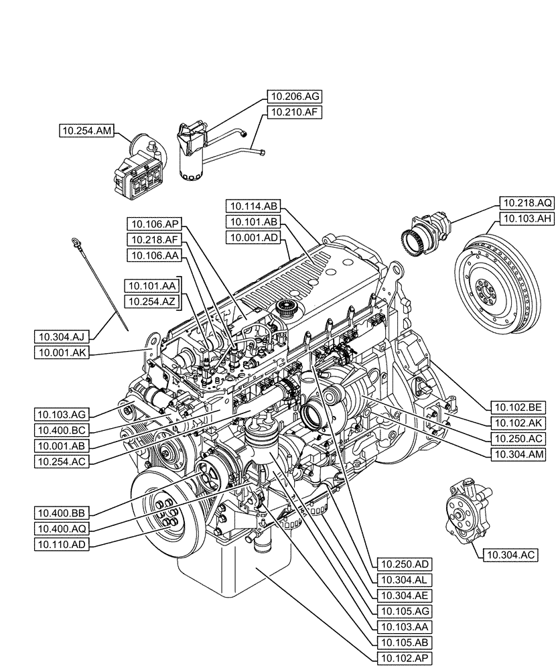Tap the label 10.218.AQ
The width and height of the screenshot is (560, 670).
(527, 202)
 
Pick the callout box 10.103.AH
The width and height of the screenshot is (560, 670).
(527, 218)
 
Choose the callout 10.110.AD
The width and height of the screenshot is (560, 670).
(61, 545)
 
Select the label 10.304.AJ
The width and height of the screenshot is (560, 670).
(61, 335)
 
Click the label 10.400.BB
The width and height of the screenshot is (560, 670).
(61, 513)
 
